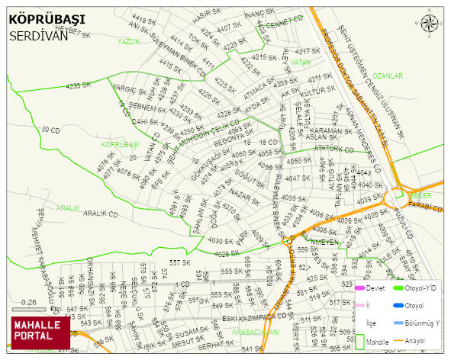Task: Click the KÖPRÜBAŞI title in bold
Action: [x=47, y=18]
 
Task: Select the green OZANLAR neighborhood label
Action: [x=387, y=76]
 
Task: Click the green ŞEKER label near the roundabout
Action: [x=420, y=195]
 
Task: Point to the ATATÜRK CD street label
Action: [x=333, y=149]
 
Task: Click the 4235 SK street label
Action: [x=79, y=85]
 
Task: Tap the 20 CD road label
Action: [x=50, y=130]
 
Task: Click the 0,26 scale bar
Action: [x=31, y=310]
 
